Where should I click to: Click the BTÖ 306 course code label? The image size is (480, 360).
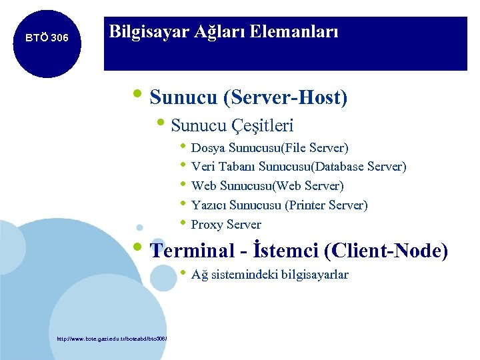click(x=47, y=38)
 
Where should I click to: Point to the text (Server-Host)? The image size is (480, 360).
click(x=286, y=98)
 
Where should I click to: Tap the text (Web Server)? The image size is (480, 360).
click(x=309, y=186)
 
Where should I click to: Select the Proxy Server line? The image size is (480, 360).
click(x=226, y=225)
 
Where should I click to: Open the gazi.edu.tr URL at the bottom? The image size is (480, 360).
click(x=111, y=339)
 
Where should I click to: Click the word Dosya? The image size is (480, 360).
click(x=206, y=147)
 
